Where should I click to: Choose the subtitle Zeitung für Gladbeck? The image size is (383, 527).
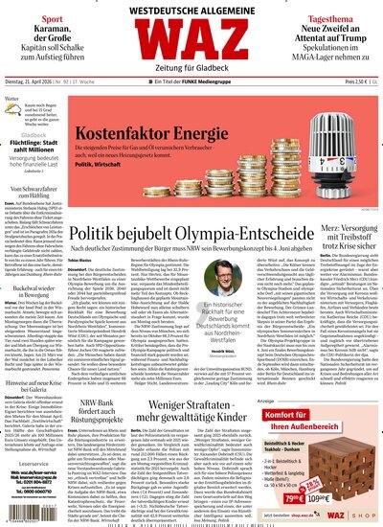pos(191,78)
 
